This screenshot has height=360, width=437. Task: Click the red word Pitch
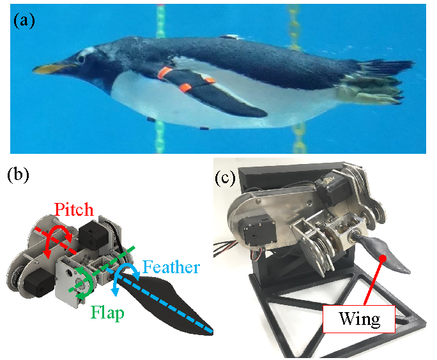[x=73, y=209]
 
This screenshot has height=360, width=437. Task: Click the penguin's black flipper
[x=230, y=96]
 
